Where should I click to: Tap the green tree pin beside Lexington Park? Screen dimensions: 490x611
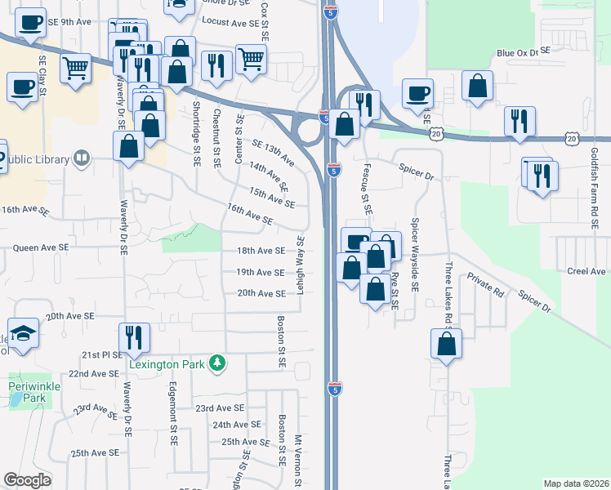217,362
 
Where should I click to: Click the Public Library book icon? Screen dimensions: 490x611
82,158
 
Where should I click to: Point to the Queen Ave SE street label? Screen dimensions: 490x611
40,246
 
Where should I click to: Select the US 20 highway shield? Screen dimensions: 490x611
437,132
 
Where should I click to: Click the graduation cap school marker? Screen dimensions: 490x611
24,333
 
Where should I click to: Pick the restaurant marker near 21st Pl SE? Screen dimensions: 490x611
134,336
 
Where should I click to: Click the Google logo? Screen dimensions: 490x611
27,480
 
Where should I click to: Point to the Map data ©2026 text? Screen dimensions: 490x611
577,483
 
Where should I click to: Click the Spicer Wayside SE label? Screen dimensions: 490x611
415,256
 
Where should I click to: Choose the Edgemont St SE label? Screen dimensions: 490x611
172,414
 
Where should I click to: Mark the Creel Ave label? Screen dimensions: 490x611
587,270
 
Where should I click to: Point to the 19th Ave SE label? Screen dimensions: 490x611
261,273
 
